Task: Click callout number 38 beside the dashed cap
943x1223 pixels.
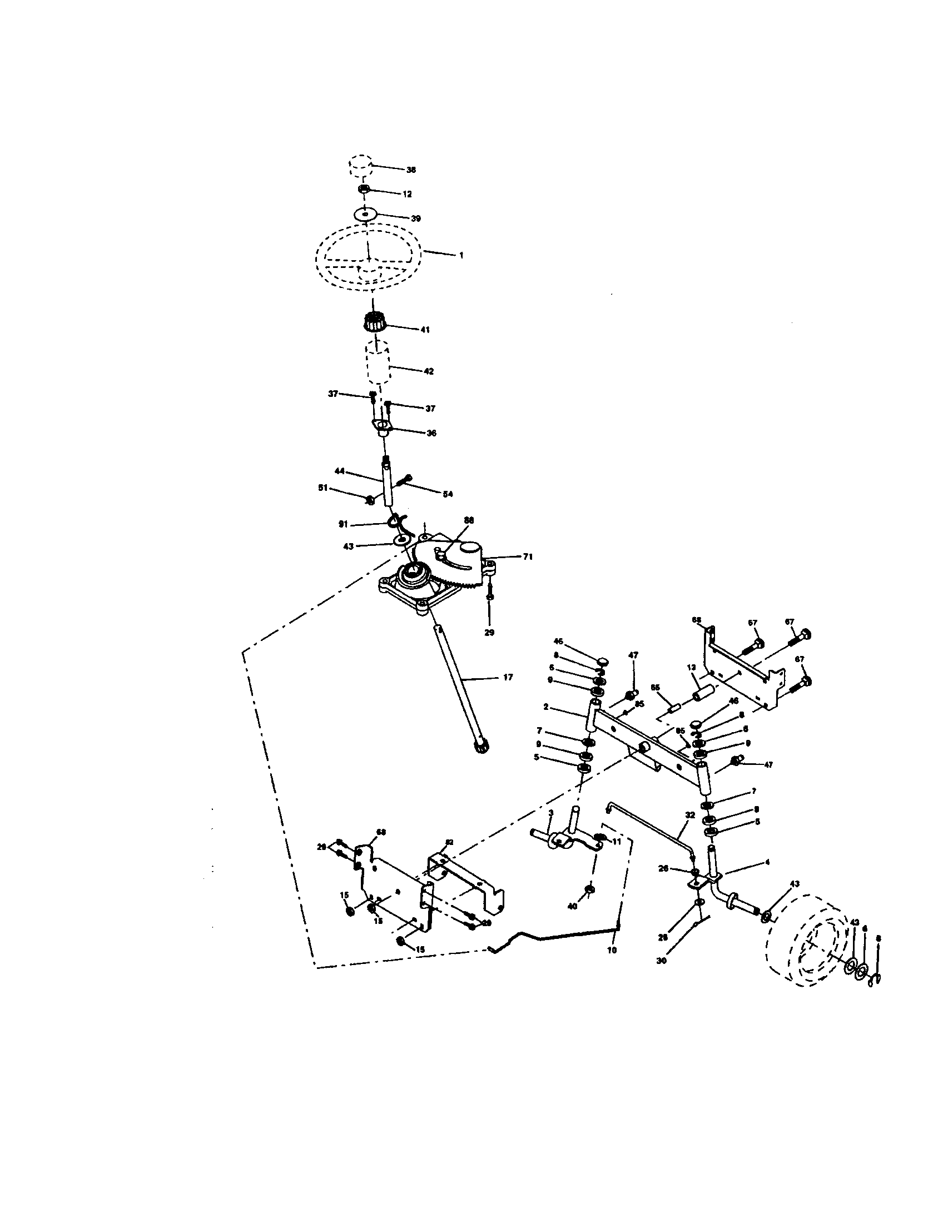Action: pyautogui.click(x=411, y=169)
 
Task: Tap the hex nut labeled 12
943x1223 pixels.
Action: pyautogui.click(x=364, y=189)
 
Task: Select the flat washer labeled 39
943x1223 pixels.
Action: pyautogui.click(x=366, y=215)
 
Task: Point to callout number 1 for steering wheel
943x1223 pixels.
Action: pyautogui.click(x=461, y=255)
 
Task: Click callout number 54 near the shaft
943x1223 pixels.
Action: pyautogui.click(x=448, y=494)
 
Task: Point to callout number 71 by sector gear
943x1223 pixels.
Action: pyautogui.click(x=528, y=556)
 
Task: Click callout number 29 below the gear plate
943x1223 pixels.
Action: pyautogui.click(x=489, y=633)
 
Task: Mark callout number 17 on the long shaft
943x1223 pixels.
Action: pyautogui.click(x=507, y=677)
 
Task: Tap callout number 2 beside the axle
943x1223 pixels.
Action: pyautogui.click(x=545, y=707)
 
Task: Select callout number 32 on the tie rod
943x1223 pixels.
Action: pyautogui.click(x=690, y=815)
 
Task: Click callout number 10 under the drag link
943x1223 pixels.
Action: pyautogui.click(x=612, y=950)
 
